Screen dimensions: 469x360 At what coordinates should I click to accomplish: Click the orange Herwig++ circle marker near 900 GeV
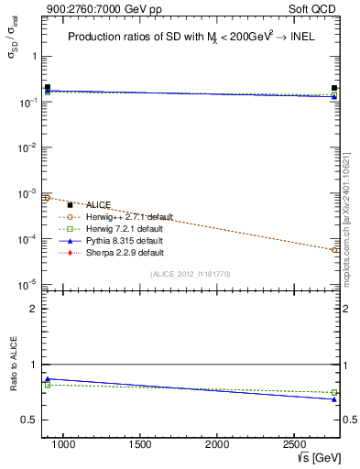pos(47,198)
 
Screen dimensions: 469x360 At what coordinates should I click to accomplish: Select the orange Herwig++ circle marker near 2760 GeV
pos(334,249)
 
